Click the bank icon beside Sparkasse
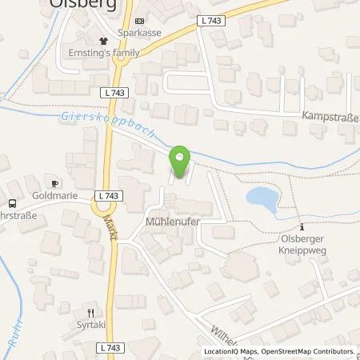pyautogui.click(x=141, y=22)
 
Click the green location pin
pyautogui.click(x=181, y=160)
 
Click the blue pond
pyautogui.click(x=261, y=198)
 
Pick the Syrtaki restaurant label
pyautogui.click(x=92, y=325)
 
